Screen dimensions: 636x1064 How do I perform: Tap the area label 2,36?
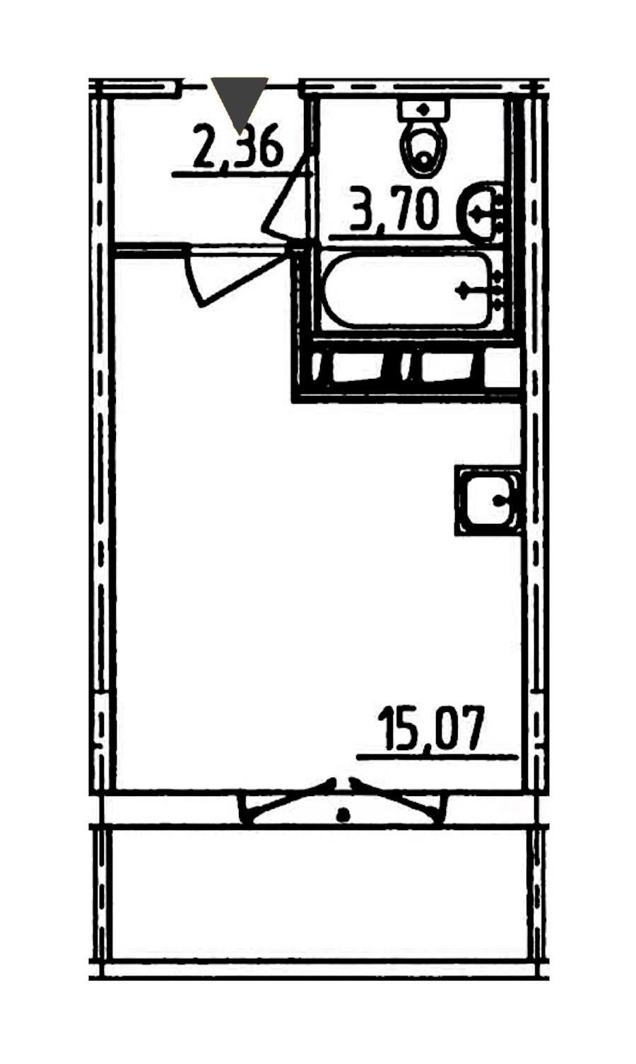[x=239, y=146]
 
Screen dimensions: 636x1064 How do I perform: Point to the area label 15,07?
[x=432, y=728]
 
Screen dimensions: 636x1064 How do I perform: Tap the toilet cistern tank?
[x=423, y=110]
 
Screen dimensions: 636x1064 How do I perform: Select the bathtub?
[x=407, y=290]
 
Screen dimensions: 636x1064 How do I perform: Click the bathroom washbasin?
[x=481, y=212]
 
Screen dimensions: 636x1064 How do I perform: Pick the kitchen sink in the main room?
[x=488, y=501]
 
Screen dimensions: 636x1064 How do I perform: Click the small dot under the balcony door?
[x=343, y=817]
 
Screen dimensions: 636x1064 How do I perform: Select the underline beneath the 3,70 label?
[x=399, y=235]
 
